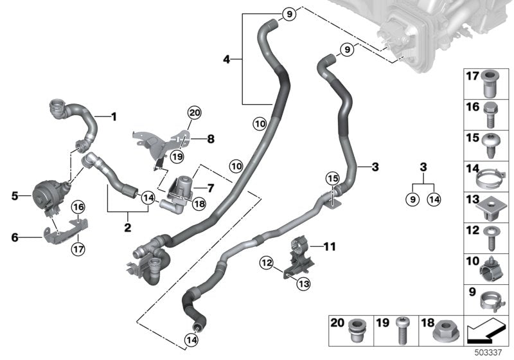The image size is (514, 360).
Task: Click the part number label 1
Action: click(114, 117)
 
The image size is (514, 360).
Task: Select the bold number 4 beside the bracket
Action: click(226, 60)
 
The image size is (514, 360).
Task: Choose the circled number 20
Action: click(193, 114)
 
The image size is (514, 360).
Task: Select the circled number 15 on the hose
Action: click(332, 177)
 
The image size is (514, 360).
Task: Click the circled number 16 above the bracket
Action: click(77, 206)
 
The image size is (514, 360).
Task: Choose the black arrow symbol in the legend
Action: click(487, 333)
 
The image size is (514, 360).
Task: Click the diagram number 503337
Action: click(496, 352)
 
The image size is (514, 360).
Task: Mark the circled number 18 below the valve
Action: click(198, 203)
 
